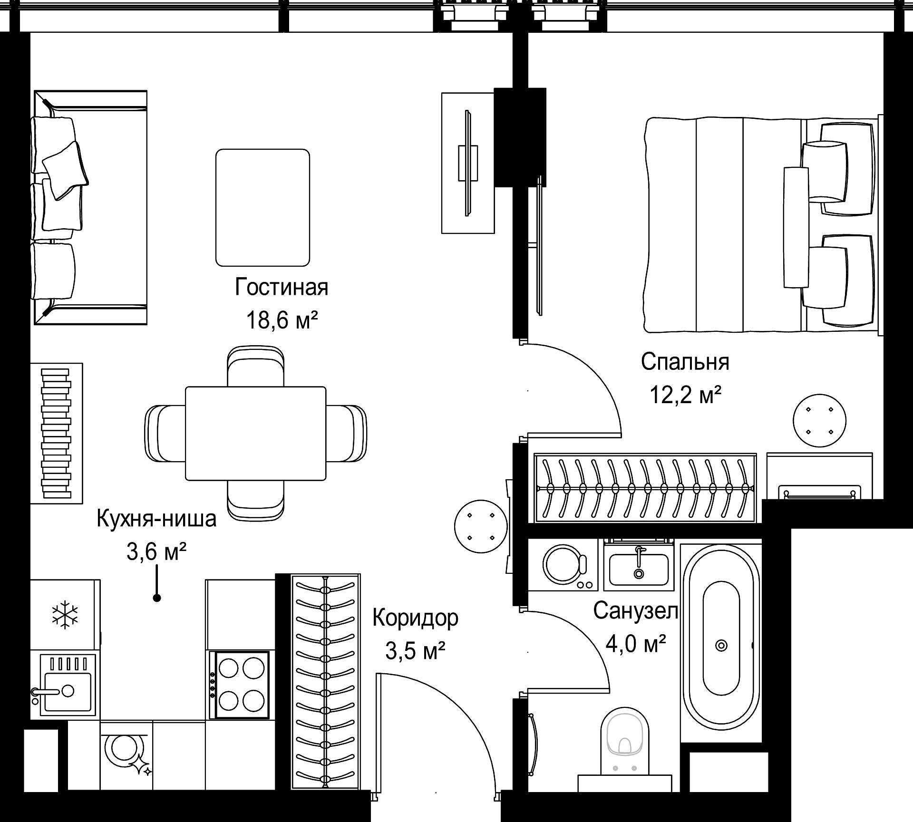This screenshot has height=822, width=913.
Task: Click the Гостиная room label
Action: point(282,287)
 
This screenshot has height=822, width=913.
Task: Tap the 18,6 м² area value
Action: point(282,320)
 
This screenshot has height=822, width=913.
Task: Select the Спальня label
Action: point(685,362)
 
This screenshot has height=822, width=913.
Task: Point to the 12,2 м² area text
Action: point(685,395)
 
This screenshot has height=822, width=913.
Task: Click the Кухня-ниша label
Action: point(156,518)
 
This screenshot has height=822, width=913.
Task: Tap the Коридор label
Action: point(415,618)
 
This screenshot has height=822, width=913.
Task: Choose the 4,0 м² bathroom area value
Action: point(635,645)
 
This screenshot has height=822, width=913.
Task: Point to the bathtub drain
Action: point(721,645)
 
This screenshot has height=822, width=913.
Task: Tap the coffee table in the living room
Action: point(262,208)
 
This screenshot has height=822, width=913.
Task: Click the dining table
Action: point(256,433)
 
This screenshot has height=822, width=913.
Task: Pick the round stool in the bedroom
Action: point(820,421)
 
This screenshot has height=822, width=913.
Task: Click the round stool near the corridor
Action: point(481,526)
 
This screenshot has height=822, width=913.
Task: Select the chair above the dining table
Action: point(256,366)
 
